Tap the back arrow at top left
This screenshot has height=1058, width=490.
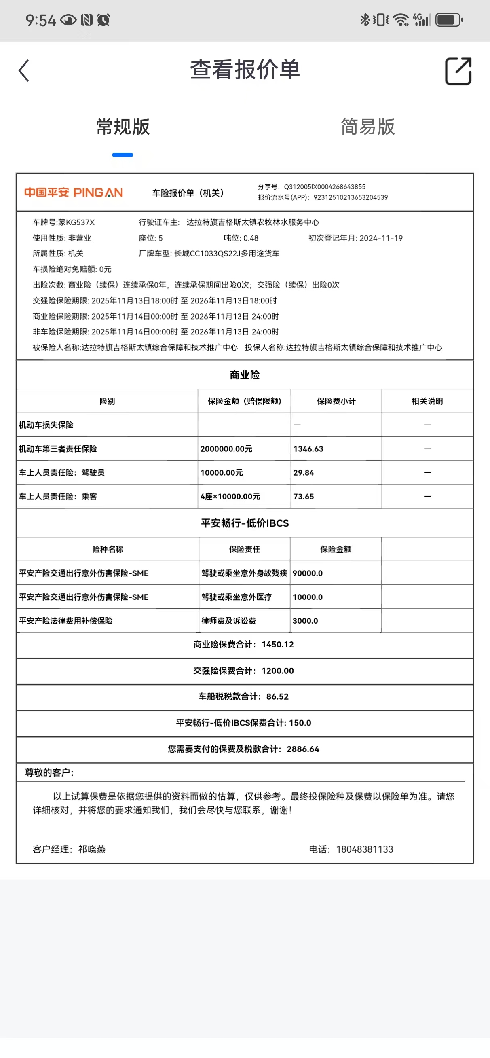(x=24, y=71)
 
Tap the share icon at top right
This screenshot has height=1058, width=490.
(x=458, y=71)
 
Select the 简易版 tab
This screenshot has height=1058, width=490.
(x=367, y=127)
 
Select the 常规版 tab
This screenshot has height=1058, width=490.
(x=123, y=127)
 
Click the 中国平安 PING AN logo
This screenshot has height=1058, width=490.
(x=74, y=192)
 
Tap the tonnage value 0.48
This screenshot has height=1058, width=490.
(x=251, y=238)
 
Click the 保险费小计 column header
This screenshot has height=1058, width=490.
(x=336, y=401)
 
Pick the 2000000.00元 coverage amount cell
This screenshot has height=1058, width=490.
(x=226, y=449)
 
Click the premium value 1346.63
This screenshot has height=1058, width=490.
(x=308, y=449)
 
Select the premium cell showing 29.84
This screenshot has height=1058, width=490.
(x=304, y=473)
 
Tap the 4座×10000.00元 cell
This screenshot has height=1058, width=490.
(x=230, y=497)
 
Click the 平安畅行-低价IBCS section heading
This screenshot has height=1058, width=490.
(x=245, y=523)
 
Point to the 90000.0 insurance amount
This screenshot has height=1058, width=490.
(x=308, y=573)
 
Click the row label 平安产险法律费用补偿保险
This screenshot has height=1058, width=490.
(x=66, y=621)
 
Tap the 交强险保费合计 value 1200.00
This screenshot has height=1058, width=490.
(x=278, y=671)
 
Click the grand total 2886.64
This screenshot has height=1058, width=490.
(x=303, y=749)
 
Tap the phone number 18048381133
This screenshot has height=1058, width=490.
(x=364, y=849)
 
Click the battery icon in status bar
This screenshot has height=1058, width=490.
(x=449, y=20)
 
